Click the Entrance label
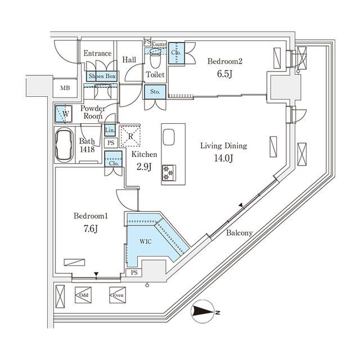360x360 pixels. [x=97, y=53]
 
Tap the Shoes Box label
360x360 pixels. [x=101, y=76]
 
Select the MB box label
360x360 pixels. [x=66, y=88]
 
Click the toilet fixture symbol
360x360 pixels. [x=155, y=56]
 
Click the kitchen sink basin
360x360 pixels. [x=169, y=138]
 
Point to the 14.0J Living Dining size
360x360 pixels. [x=224, y=158]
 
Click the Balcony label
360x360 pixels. [x=239, y=233]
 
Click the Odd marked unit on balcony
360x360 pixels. [x=83, y=294]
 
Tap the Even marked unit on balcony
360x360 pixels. [x=117, y=294]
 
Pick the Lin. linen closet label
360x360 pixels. [x=110, y=130]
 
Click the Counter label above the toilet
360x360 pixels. [x=159, y=44]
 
